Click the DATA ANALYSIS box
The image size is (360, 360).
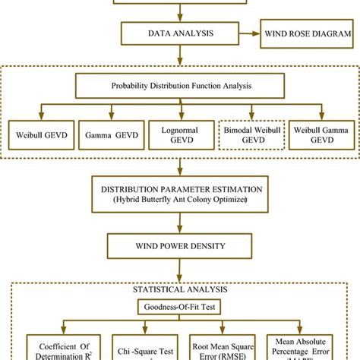[x=179, y=33]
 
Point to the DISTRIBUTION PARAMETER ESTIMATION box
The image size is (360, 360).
[x=179, y=193]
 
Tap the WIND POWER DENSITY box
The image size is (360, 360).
[x=179, y=246]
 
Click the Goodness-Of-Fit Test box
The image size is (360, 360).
[x=179, y=308]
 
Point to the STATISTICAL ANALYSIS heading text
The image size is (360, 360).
[x=179, y=291]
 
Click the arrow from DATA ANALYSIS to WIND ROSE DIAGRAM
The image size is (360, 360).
[x=248, y=33]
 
